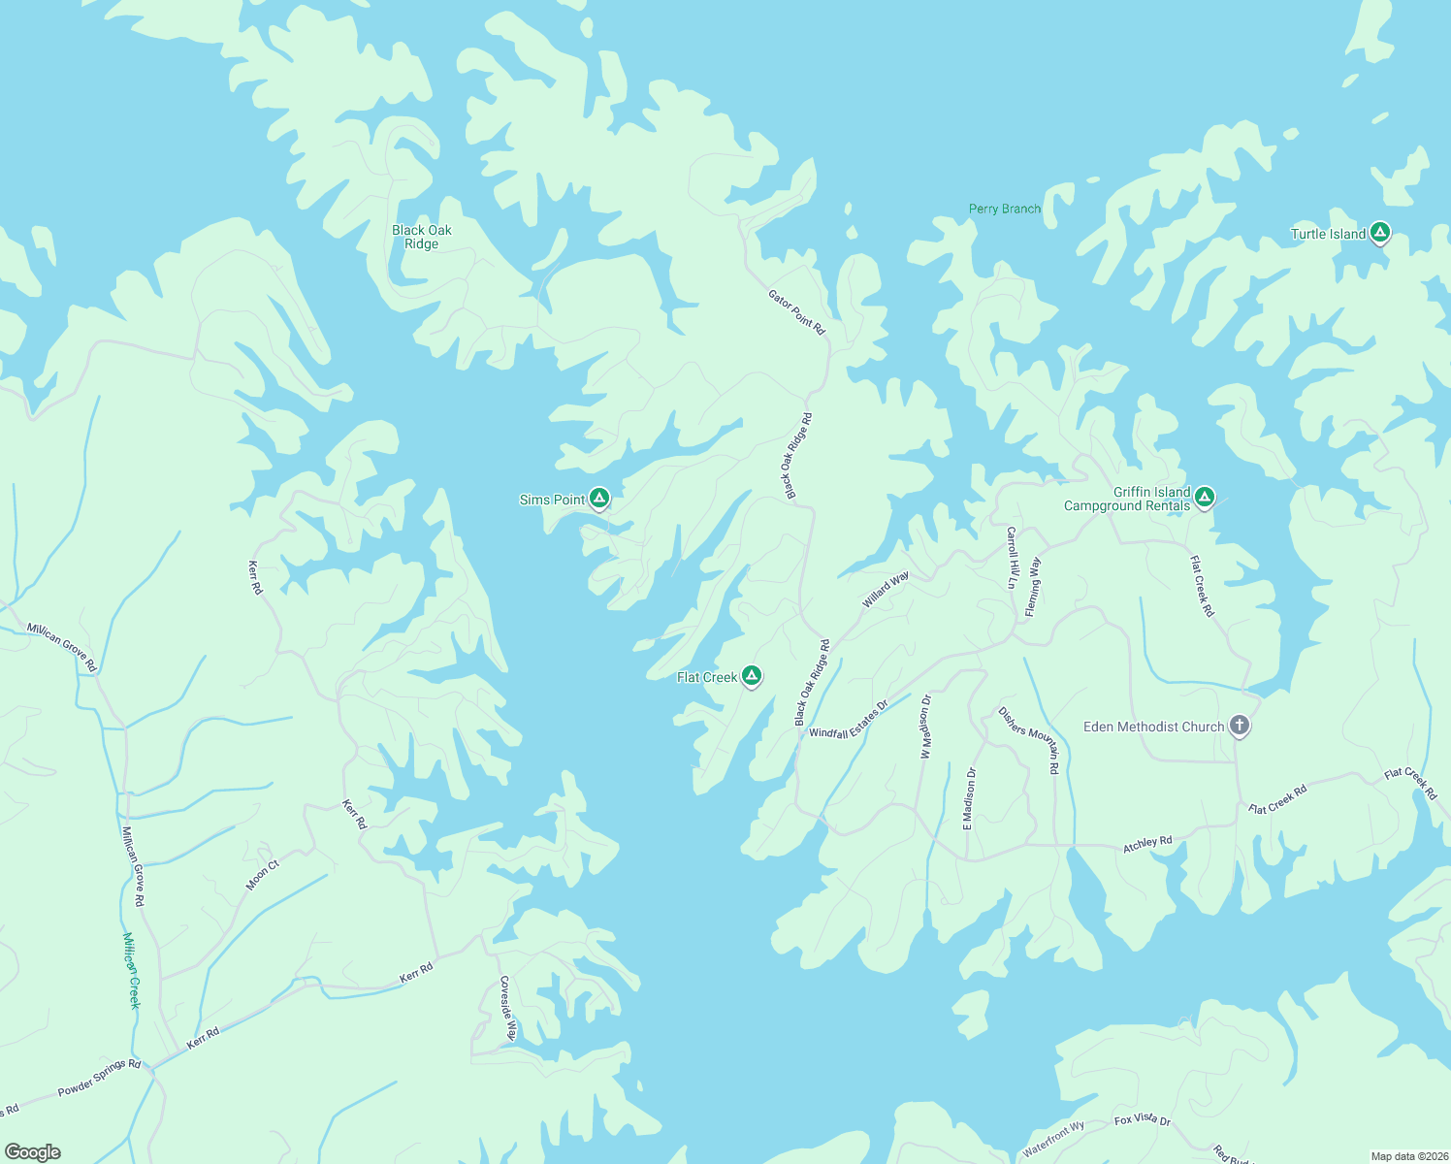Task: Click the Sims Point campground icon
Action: tap(599, 499)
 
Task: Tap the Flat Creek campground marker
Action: tap(751, 676)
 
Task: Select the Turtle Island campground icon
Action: tap(1379, 233)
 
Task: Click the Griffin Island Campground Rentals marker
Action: tap(1205, 498)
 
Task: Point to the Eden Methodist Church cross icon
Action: tap(1239, 726)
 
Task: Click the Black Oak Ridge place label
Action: tap(422, 237)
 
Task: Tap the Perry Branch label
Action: tap(1005, 209)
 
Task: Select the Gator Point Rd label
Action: tap(796, 312)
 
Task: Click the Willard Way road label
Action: tap(886, 590)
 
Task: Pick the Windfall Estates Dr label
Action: tap(849, 720)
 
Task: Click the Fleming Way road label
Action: tap(1033, 586)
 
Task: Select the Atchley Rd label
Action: tap(1147, 844)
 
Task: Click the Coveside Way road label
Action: tap(506, 1009)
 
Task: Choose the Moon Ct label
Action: tap(262, 875)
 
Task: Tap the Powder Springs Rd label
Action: tap(99, 1078)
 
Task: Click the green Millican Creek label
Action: tap(131, 970)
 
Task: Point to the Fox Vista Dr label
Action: tap(1143, 1119)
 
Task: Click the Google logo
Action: tap(33, 1152)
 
